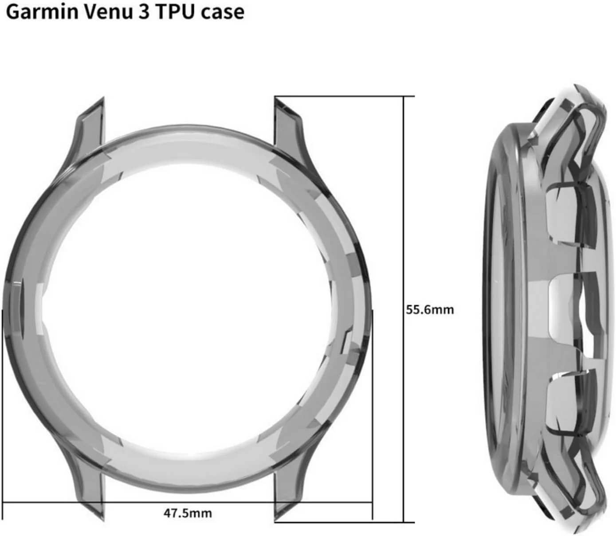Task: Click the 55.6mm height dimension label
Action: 430,310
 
